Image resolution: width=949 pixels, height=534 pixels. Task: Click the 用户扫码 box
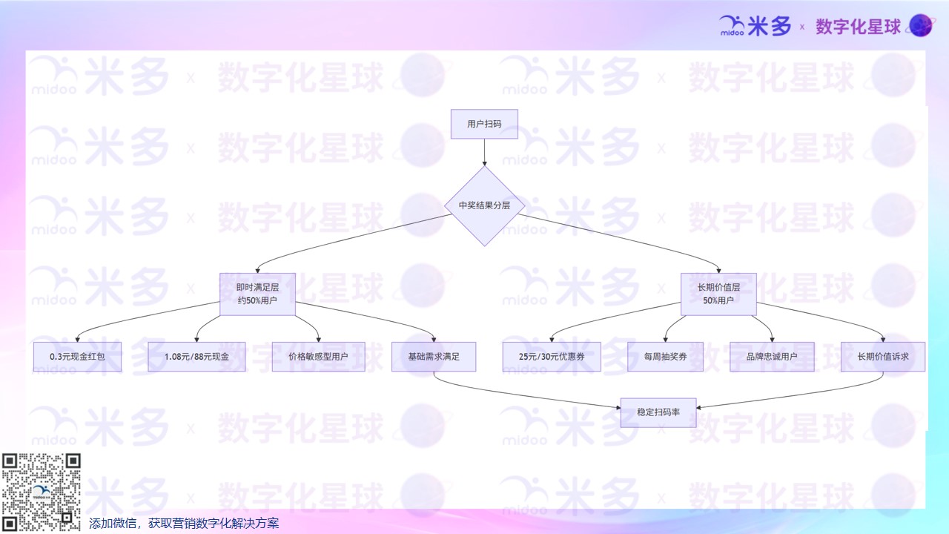[484, 124]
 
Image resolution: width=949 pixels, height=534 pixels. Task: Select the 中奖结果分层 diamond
[484, 205]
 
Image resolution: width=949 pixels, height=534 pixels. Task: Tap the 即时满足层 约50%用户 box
[257, 294]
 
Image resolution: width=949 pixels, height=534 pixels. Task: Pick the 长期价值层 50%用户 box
[718, 294]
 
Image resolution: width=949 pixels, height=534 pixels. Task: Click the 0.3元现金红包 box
[77, 357]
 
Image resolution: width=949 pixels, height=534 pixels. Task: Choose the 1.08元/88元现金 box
[196, 357]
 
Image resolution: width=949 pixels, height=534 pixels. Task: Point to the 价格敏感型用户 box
[318, 357]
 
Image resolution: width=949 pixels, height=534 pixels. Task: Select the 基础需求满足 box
[434, 357]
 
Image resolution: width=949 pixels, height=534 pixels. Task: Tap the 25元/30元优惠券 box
[552, 357]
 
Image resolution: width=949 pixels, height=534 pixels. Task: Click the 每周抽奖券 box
[666, 357]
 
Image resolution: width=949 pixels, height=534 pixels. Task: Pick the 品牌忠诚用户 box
[772, 357]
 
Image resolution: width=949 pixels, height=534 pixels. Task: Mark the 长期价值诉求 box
[883, 357]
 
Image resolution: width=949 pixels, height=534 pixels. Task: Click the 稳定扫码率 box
[658, 412]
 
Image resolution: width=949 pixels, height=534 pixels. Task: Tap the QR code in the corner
[41, 492]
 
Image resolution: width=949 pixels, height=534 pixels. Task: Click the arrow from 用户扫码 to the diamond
[484, 151]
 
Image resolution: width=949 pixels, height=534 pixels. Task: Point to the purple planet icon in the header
[922, 27]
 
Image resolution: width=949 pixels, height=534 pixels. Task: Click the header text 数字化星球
[859, 27]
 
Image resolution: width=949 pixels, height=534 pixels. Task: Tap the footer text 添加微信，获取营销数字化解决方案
[184, 524]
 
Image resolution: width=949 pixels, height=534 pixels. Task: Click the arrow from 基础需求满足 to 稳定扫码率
[519, 397]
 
